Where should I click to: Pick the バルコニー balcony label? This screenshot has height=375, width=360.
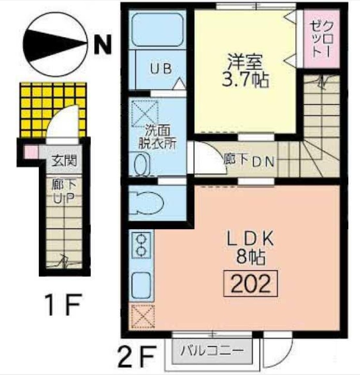[x=211, y=351]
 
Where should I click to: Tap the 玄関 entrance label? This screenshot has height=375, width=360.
[x=64, y=160]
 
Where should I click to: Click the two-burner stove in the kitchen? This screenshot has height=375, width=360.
[x=140, y=245]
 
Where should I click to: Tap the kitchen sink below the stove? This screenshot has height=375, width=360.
[x=141, y=284]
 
